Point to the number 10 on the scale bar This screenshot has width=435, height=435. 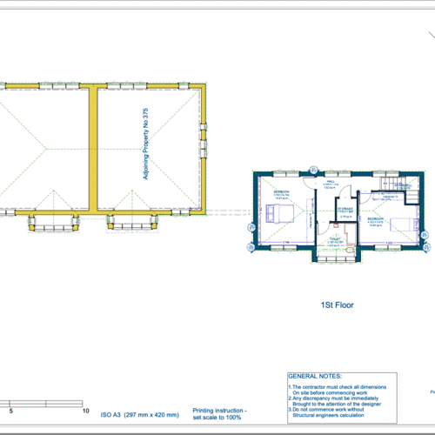(85, 409)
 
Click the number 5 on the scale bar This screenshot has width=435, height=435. (10, 409)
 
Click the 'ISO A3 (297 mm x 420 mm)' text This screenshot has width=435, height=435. (138, 414)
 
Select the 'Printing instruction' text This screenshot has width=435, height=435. (219, 410)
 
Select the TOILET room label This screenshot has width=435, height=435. (336, 238)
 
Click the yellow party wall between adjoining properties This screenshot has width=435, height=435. (90, 148)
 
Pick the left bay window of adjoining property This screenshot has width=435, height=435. (57, 225)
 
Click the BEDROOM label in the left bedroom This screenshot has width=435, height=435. (281, 191)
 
